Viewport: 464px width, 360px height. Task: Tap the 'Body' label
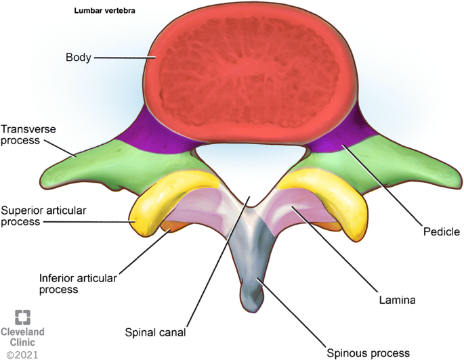[79, 58]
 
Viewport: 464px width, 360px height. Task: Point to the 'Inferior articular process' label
[68, 283]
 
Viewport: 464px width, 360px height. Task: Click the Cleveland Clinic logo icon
[23, 317]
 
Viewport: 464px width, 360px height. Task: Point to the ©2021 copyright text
[22, 353]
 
